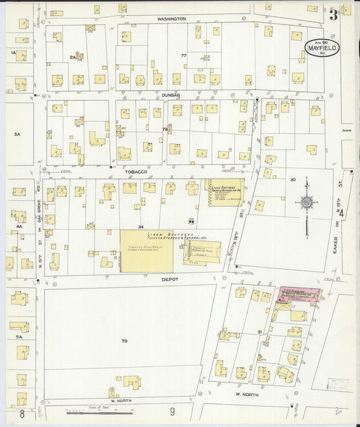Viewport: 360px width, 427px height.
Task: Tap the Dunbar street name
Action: pyautogui.click(x=171, y=95)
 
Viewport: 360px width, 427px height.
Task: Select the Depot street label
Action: pyautogui.click(x=169, y=278)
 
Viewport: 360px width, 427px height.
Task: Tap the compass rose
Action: pyautogui.click(x=307, y=202)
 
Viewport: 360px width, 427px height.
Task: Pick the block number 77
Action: pyautogui.click(x=183, y=55)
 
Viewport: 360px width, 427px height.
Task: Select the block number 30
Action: pyautogui.click(x=292, y=180)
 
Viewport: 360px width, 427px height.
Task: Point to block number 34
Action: pyautogui.click(x=140, y=226)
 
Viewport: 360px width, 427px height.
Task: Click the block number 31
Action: pyautogui.click(x=259, y=331)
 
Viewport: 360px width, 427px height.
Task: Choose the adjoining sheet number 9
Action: pyautogui.click(x=172, y=411)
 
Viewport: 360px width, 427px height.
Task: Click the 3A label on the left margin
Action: pyautogui.click(x=17, y=134)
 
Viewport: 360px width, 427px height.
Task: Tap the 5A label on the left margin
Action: pyautogui.click(x=20, y=336)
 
